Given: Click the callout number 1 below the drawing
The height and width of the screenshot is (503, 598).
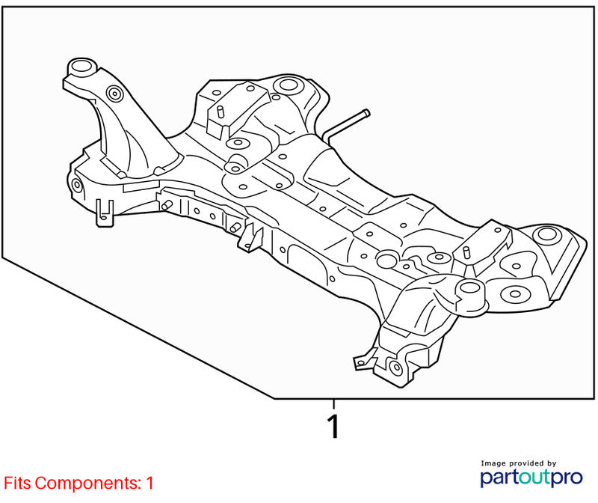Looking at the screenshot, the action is click(x=333, y=426).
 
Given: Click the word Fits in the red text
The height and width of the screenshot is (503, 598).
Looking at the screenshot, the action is click(x=17, y=483).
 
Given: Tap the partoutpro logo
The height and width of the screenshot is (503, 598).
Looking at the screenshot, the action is click(x=531, y=478).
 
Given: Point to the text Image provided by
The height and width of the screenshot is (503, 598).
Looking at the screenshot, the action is click(x=518, y=463).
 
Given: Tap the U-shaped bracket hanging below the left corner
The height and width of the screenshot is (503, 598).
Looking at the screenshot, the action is click(x=105, y=213).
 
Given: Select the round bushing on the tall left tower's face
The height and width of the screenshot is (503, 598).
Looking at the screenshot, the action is click(x=114, y=94).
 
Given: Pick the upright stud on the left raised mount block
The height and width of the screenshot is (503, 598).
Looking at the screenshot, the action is click(x=220, y=112).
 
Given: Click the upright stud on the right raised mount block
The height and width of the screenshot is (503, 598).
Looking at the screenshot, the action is click(x=466, y=253).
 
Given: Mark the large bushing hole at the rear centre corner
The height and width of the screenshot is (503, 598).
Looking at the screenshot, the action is click(x=287, y=85).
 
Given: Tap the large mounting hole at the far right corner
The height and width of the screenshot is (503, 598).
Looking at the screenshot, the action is click(x=547, y=234).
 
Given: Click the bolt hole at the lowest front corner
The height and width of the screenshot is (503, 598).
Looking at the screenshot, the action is click(x=397, y=368).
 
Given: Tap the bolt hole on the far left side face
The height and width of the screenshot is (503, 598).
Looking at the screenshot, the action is click(x=77, y=185).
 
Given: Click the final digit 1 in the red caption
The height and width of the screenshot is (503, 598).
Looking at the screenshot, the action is click(x=150, y=483).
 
